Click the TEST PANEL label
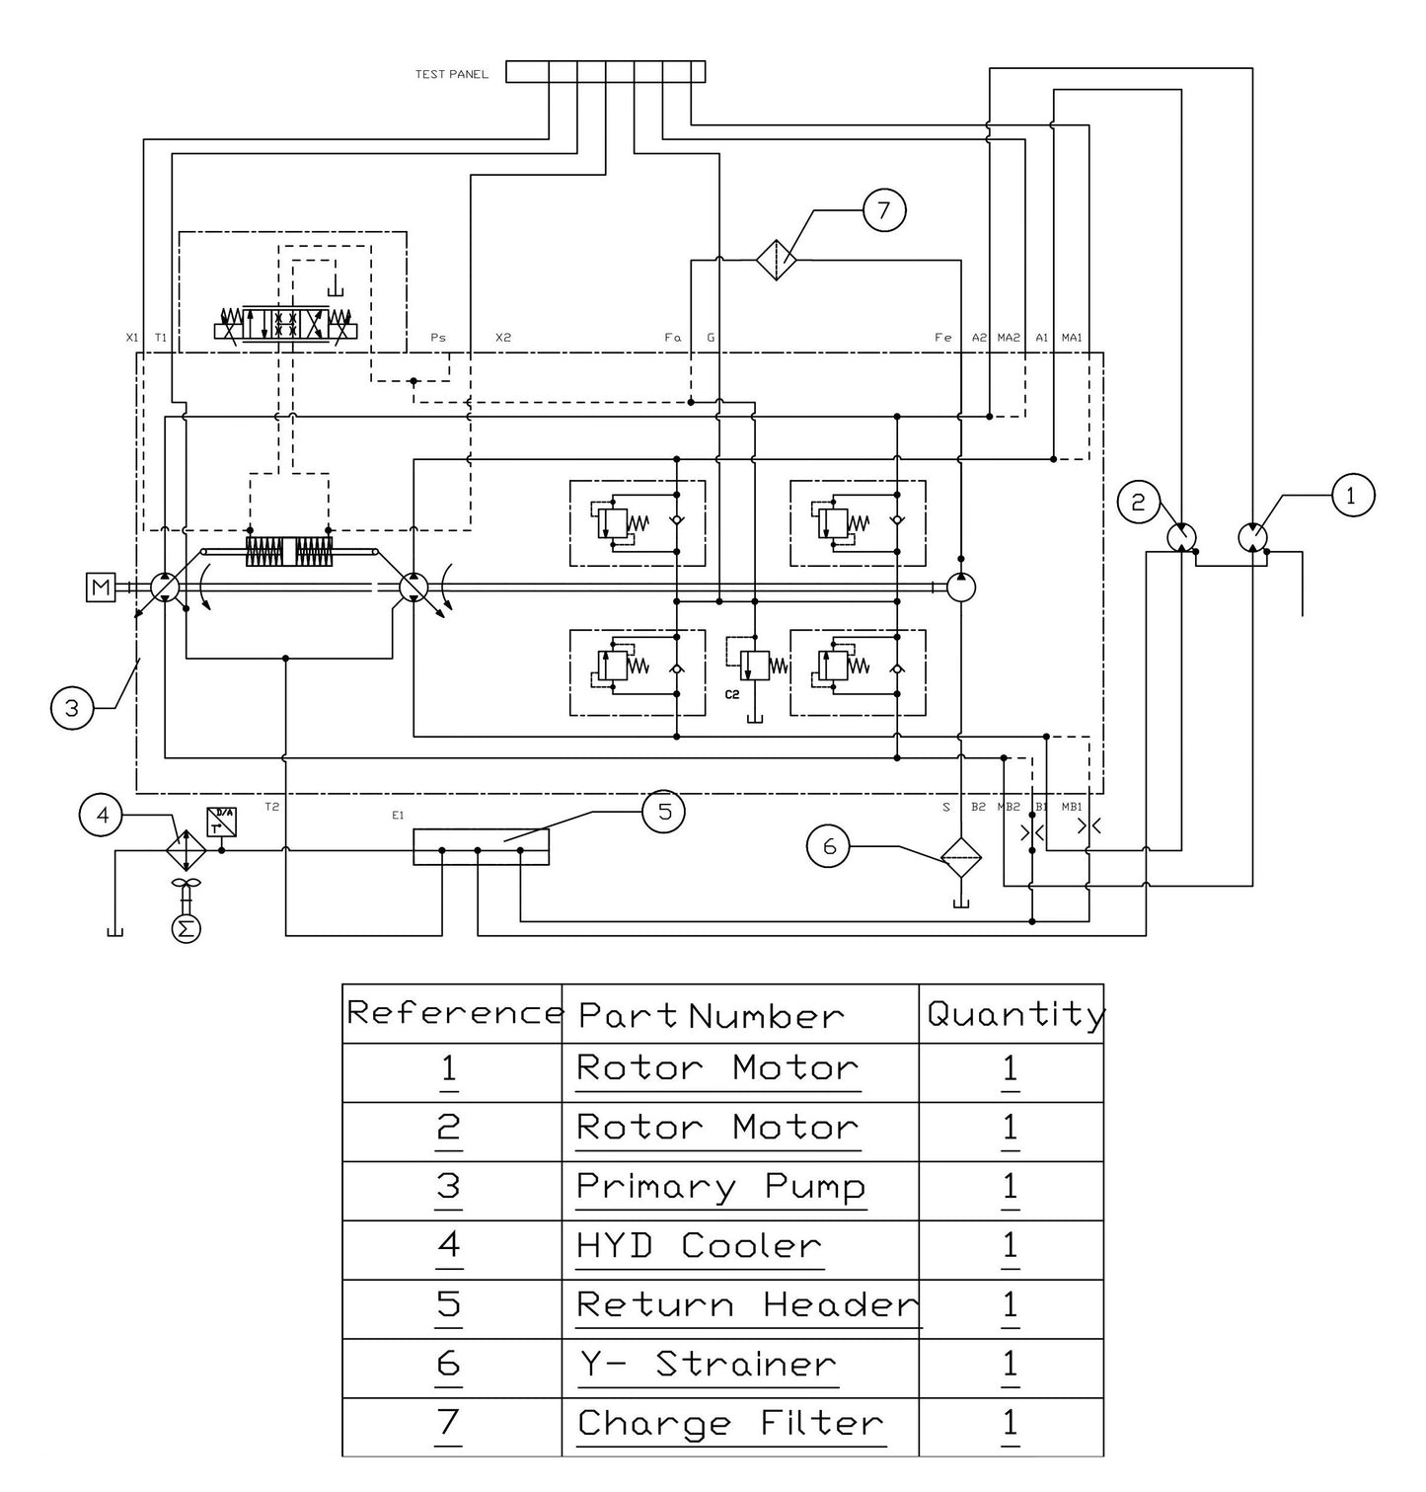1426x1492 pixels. point(451,74)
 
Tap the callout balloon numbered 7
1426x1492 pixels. point(883,210)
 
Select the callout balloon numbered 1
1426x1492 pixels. point(1351,496)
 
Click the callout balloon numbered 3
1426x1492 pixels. point(71,708)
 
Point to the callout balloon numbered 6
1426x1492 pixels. point(829,846)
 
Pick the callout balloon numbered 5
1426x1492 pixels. point(664,813)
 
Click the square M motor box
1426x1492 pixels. point(101,589)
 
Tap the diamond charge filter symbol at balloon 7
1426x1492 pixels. point(777,260)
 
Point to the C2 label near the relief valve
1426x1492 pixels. point(731,695)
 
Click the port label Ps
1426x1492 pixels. point(438,338)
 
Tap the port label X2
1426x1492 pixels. point(503,338)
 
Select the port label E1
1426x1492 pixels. point(398,816)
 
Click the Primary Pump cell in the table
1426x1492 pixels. point(720,1188)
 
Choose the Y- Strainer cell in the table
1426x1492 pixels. point(708,1366)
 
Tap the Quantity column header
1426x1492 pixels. point(1014,1014)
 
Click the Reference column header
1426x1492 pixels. point(453,1014)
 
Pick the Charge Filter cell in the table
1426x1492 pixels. point(730,1425)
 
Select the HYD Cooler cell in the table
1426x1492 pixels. point(699,1247)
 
